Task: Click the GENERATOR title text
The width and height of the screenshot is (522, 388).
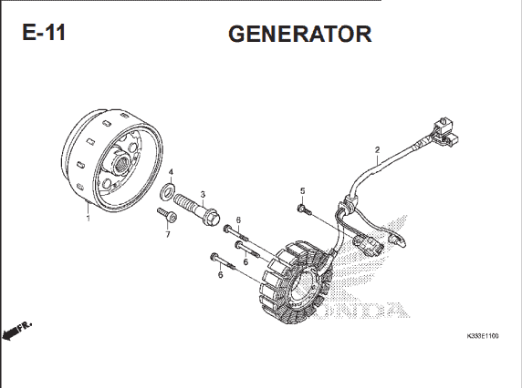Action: (299, 34)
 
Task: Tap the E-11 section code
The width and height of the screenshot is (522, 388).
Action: (44, 32)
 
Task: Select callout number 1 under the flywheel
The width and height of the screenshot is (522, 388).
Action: (88, 219)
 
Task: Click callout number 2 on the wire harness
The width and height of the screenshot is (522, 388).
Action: (377, 149)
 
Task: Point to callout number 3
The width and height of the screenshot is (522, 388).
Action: (203, 195)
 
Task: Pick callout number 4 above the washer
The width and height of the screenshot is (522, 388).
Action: (171, 172)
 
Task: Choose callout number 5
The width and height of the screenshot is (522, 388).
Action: (302, 191)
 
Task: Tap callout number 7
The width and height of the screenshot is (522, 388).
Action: (167, 234)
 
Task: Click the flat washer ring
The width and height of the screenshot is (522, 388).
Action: (167, 191)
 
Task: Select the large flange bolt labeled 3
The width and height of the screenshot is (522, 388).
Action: (196, 209)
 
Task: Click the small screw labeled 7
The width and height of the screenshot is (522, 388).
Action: (167, 214)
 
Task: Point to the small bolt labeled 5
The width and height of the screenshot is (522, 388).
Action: (303, 209)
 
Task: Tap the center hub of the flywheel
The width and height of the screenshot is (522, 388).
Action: (120, 163)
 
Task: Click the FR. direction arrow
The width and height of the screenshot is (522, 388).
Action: (16, 330)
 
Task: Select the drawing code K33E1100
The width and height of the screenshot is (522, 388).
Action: (483, 336)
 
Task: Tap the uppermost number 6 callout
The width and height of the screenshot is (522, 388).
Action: (238, 220)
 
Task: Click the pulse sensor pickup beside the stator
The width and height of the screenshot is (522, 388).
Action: (368, 243)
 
